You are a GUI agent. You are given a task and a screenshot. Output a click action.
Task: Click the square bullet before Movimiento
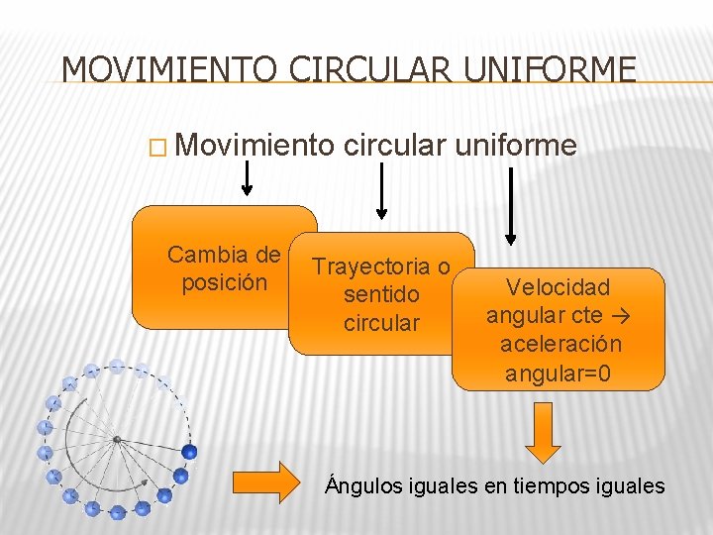point(155,149)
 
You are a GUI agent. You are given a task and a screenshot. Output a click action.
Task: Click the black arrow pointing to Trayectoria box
point(381,192)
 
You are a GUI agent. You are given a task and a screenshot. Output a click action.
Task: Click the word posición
point(225,283)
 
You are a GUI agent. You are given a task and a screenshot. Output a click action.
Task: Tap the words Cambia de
point(224,256)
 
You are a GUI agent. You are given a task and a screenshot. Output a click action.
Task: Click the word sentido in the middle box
point(381,295)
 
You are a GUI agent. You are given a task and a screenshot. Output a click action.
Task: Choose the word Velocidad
point(558,288)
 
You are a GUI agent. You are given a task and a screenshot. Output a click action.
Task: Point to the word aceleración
point(561,345)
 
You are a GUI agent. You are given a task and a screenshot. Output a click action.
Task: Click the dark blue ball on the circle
point(189,452)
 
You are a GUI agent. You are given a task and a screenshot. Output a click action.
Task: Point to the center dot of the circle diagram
point(117,438)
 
